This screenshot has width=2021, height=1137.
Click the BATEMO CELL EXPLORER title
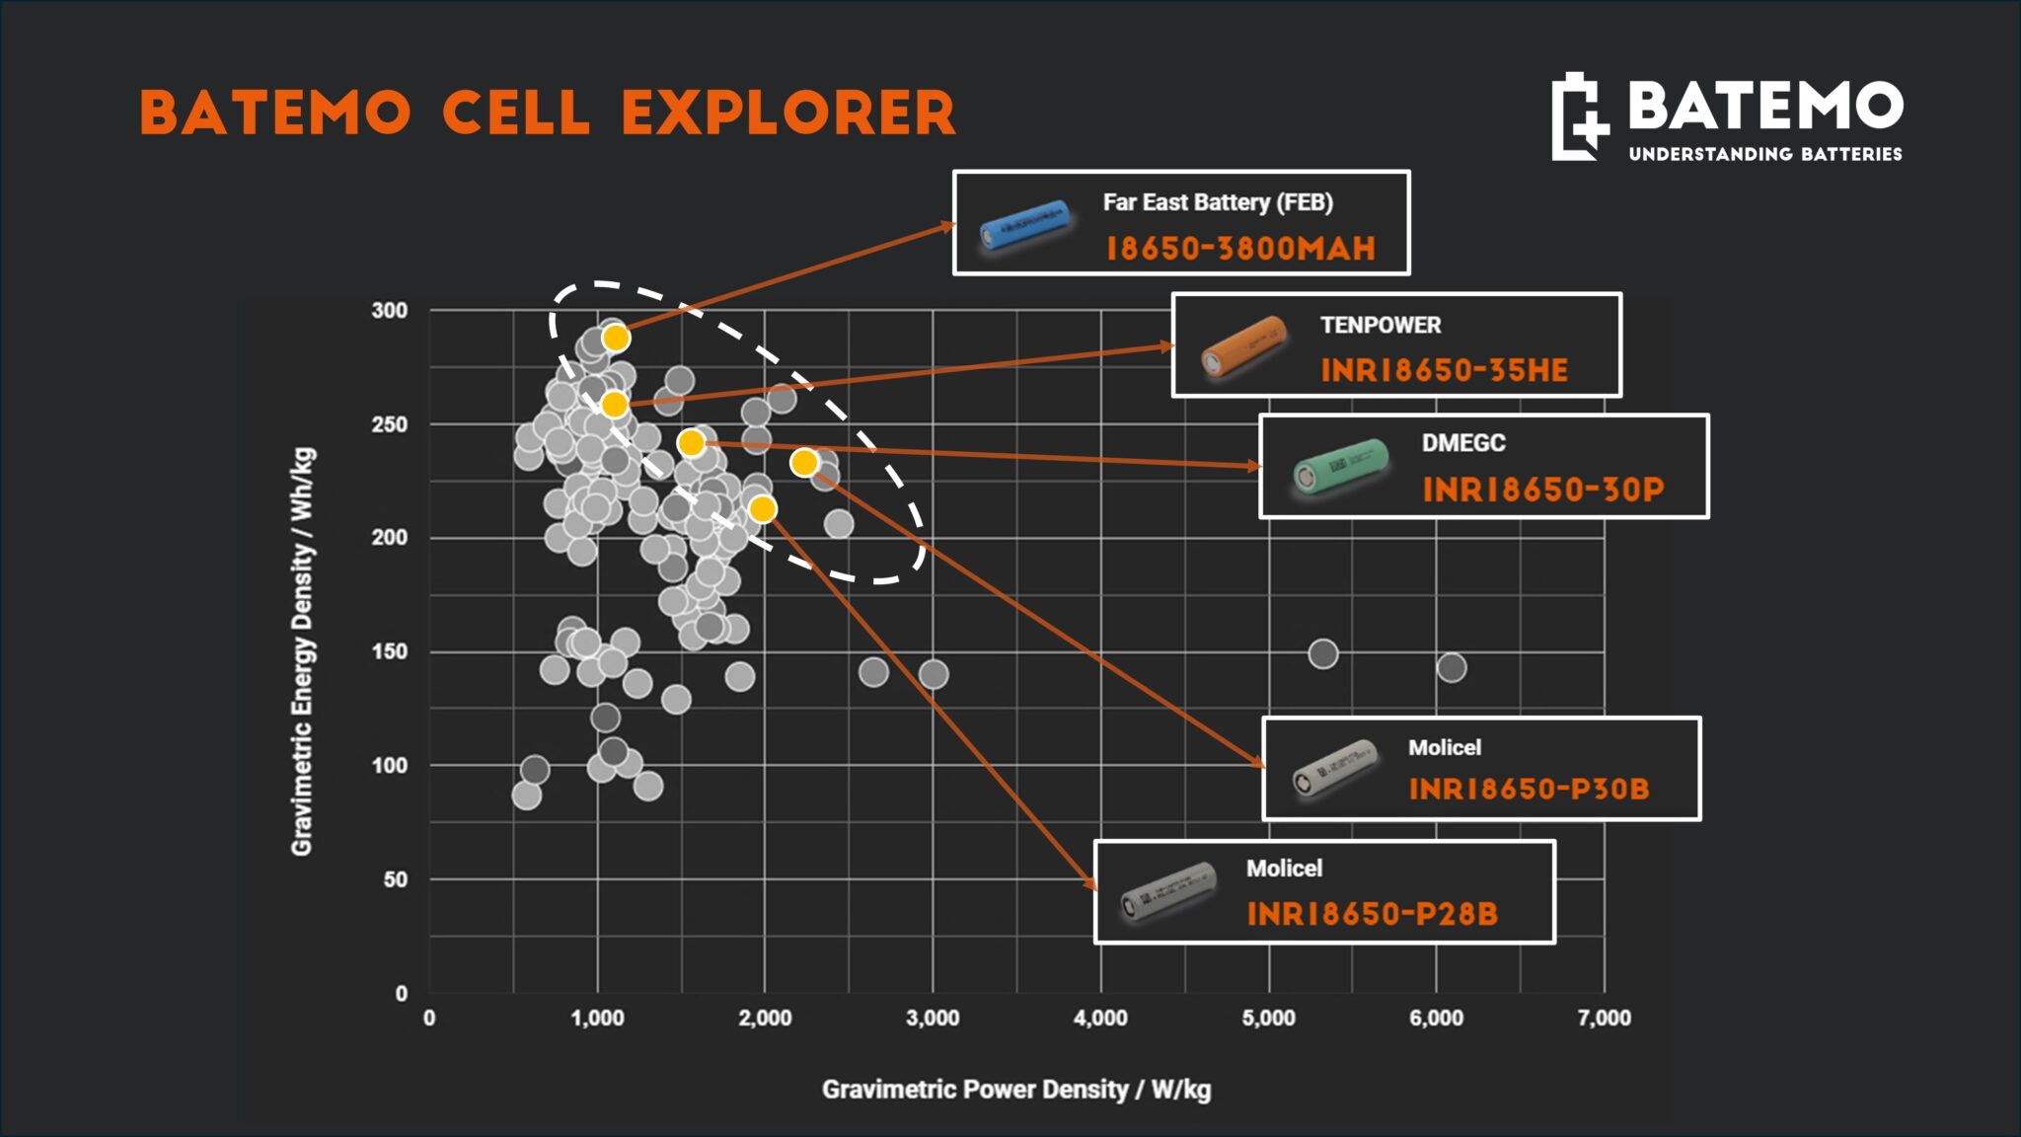pyautogui.click(x=548, y=113)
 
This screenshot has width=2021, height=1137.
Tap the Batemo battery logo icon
pyautogui.click(x=1580, y=116)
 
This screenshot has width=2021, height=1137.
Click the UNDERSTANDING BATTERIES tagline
pyautogui.click(x=1765, y=154)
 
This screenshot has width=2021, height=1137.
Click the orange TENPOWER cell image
pyautogui.click(x=1244, y=345)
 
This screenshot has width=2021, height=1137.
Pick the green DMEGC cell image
pyautogui.click(x=1341, y=466)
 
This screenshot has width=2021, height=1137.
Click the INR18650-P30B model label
pyautogui.click(x=1529, y=790)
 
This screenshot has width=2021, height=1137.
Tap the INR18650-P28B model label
pyautogui.click(x=1373, y=914)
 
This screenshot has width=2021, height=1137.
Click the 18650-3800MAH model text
pyautogui.click(x=1240, y=249)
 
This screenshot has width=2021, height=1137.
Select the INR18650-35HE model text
pyautogui.click(x=1445, y=371)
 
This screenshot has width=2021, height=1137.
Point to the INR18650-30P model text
pyautogui.click(x=1543, y=490)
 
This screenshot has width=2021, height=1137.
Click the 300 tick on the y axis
pyautogui.click(x=390, y=310)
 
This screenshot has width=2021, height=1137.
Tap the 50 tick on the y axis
pyautogui.click(x=396, y=879)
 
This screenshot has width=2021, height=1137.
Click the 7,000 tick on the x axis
pyautogui.click(x=1605, y=1019)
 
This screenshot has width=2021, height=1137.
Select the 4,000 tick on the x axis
pyautogui.click(x=1101, y=1019)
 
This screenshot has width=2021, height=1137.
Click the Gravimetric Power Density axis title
pyautogui.click(x=1016, y=1090)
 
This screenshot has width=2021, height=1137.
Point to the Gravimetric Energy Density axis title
pyautogui.click(x=303, y=651)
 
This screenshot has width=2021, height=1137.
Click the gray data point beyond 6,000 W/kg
pyautogui.click(x=1452, y=668)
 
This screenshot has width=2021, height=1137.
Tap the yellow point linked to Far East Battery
pyautogui.click(x=616, y=339)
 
